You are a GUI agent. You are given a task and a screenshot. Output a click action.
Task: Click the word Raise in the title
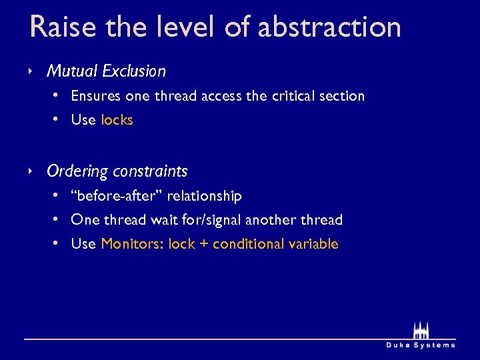point(58,27)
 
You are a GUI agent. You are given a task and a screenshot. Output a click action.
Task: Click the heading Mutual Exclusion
point(106,71)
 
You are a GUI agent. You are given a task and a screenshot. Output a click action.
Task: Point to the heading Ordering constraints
point(117,171)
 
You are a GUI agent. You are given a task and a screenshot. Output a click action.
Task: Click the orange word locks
point(117,121)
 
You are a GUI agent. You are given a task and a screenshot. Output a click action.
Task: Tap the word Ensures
point(95,96)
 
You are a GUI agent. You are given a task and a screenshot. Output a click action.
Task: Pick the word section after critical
point(343,96)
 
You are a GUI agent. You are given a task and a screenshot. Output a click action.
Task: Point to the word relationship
point(205,196)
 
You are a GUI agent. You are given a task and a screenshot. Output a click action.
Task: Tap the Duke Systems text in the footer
point(421,345)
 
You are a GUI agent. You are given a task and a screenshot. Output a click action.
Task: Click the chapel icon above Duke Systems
point(421,330)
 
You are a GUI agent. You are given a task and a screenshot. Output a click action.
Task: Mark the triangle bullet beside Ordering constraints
point(31,171)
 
